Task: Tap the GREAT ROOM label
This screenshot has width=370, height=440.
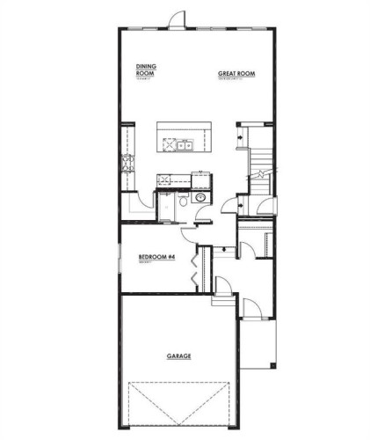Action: [236, 74]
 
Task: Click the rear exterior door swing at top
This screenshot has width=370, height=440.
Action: [178, 19]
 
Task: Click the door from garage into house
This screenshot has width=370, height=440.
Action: [222, 287]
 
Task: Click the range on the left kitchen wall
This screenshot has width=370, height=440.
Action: [126, 163]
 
